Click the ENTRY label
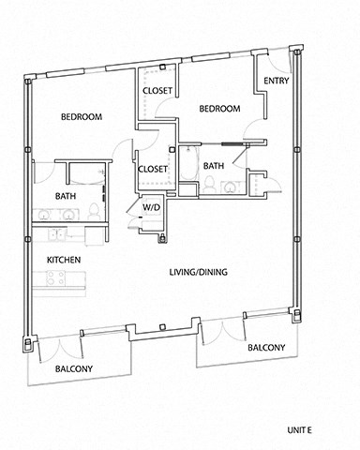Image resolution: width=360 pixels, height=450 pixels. coord(277,82)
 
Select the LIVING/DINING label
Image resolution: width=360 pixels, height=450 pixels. coord(198,273)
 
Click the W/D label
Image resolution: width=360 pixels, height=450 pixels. coord(150,206)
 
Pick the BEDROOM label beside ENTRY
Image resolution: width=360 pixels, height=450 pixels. coord(220,109)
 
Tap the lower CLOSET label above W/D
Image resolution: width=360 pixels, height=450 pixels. coord(153,169)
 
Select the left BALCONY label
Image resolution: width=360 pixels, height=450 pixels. coord(74,368)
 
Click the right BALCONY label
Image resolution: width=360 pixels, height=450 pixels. coord(265,348)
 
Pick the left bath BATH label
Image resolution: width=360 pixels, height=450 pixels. coord(65,196)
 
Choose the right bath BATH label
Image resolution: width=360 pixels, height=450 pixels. coord(214,166)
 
